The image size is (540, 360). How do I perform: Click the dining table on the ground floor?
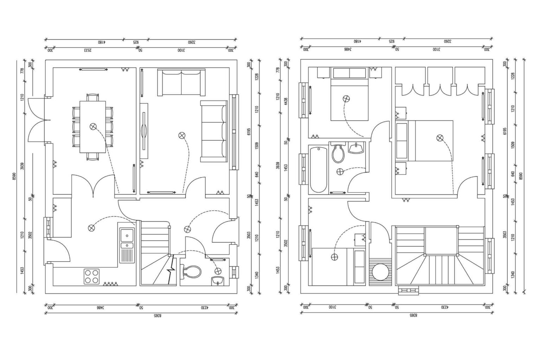93,127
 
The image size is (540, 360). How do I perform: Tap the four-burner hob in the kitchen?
91,276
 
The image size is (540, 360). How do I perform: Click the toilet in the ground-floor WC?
192,271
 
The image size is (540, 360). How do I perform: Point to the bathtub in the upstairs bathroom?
319,169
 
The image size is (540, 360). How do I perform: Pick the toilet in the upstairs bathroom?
339,154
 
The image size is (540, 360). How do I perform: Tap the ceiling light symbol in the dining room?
93,127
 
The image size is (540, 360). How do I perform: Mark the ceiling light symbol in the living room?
182,135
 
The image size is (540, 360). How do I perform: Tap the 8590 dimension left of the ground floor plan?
14,176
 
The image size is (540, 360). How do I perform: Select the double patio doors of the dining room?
37,119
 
